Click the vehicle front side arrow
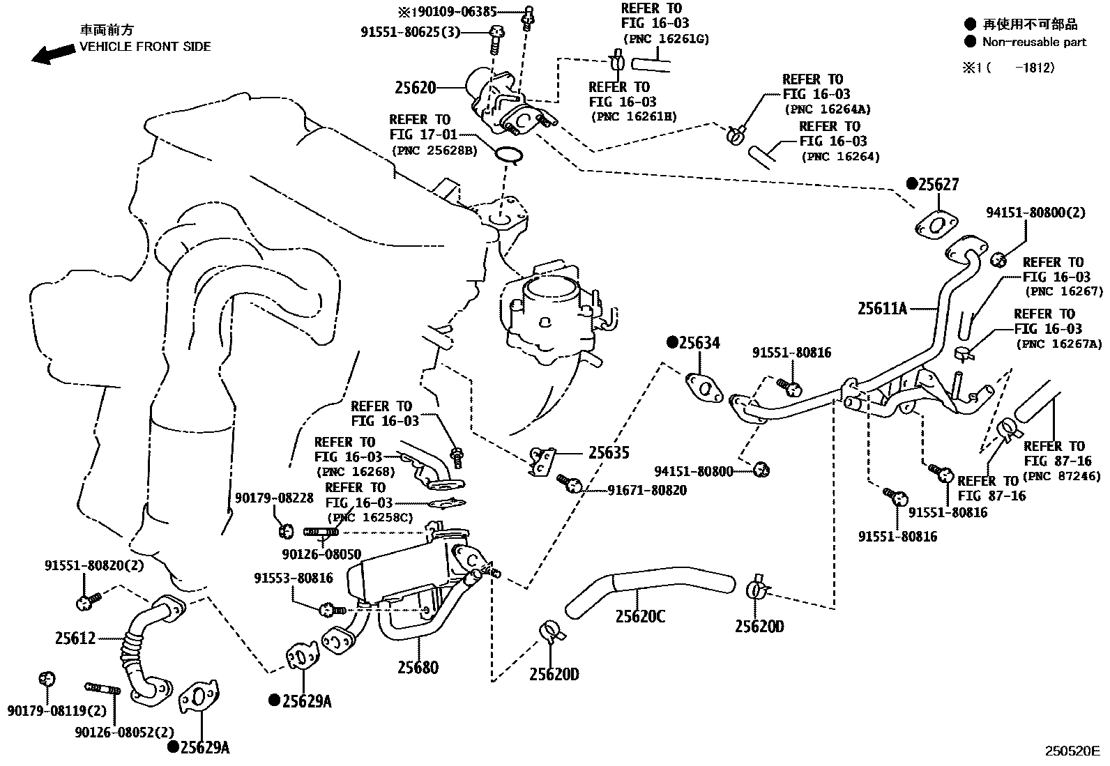pos(53,54)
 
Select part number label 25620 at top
pos(416,88)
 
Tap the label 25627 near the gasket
pos(938,185)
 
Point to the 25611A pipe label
pos(882,307)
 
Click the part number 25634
pos(699,342)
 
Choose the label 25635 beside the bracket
pos(608,453)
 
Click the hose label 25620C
pos(639,617)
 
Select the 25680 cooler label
pos(418,668)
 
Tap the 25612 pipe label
pos(75,638)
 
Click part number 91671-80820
pos(646,491)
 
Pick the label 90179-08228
pos(274,498)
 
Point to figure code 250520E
pos(1071,751)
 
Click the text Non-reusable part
pos(1034,42)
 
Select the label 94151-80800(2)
pos(1035,213)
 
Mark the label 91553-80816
pos(293,578)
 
